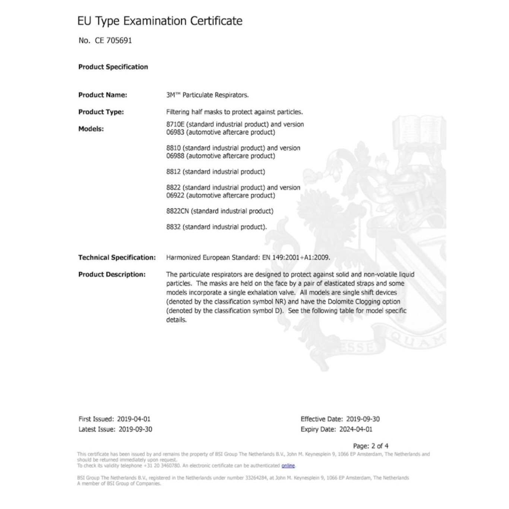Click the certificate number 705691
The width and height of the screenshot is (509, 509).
(119, 41)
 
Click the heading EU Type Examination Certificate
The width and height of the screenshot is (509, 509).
(160, 21)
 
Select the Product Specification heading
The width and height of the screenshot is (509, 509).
(113, 67)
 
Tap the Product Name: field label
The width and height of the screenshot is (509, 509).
(102, 95)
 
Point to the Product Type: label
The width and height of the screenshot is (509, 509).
(101, 112)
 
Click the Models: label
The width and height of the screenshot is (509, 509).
(91, 129)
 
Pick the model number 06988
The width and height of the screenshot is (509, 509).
(175, 156)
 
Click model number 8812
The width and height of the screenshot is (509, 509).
(173, 172)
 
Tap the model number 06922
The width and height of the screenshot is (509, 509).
(175, 196)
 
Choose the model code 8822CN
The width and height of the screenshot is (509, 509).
(178, 211)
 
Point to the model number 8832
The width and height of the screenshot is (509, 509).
(173, 227)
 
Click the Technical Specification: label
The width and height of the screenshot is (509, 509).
(117, 257)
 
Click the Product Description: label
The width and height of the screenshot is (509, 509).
(112, 275)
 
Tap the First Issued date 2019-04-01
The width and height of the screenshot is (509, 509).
(134, 419)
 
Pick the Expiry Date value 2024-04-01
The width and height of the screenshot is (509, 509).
(355, 429)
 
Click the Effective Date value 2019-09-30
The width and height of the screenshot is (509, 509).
(363, 419)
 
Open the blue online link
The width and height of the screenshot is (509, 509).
(288, 466)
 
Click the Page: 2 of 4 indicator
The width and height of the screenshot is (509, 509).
(370, 446)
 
